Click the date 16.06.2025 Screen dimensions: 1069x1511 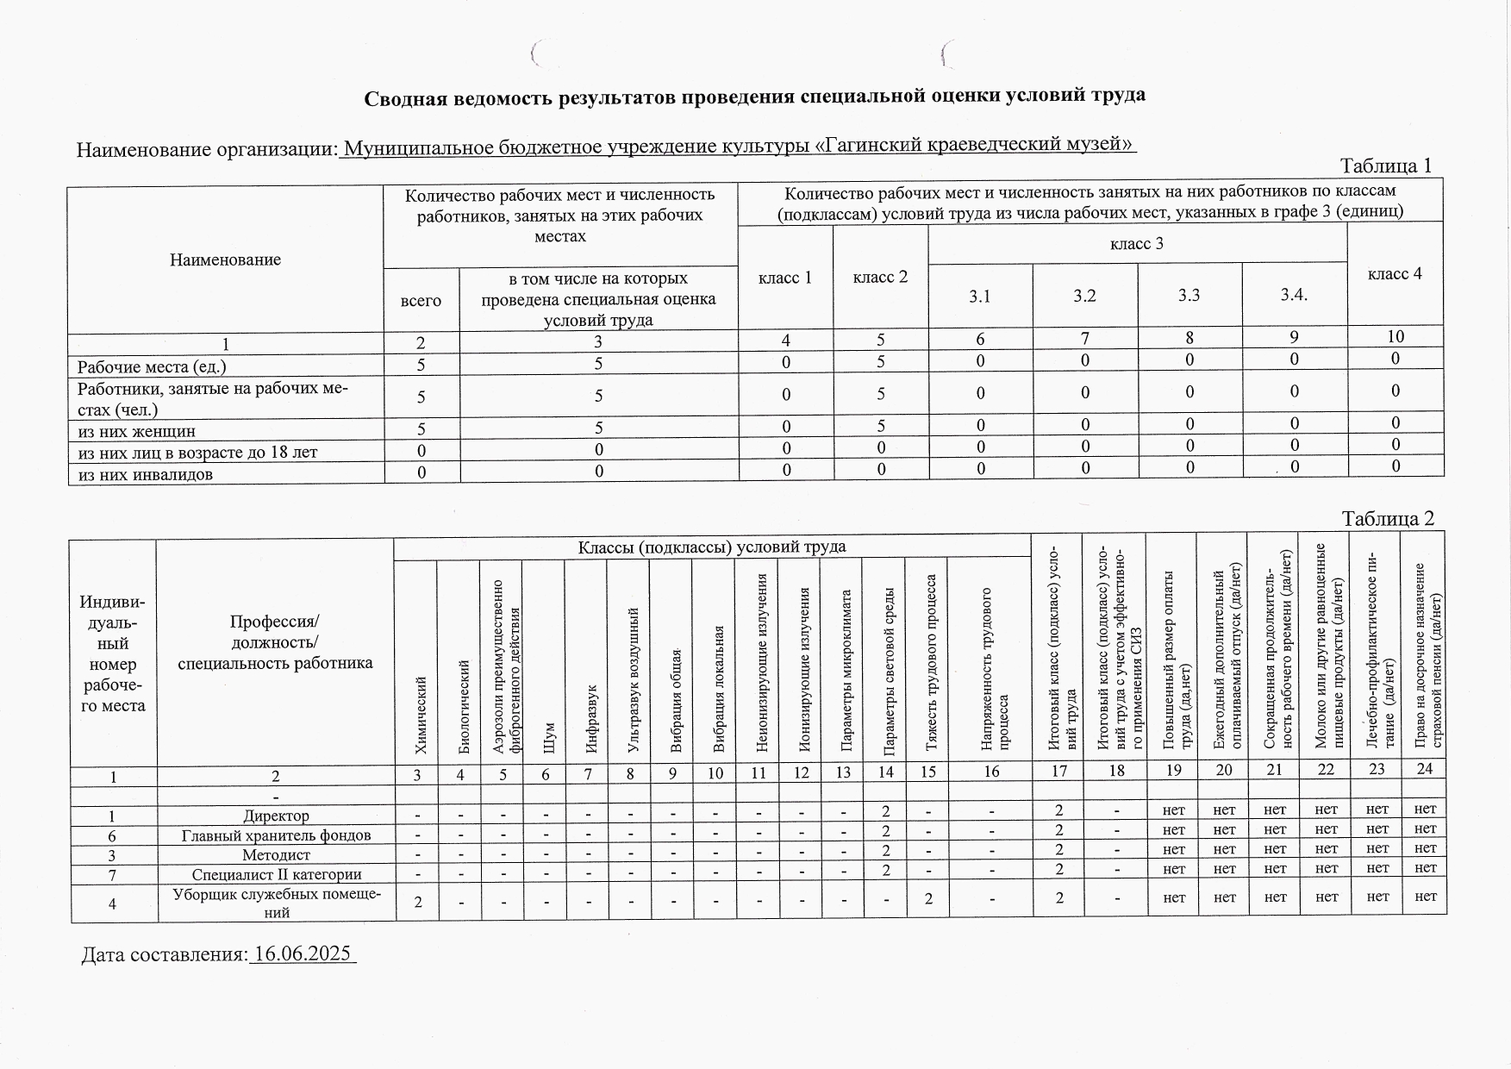pos(302,953)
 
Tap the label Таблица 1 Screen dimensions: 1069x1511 pos(1385,166)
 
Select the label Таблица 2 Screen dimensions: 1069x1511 pos(1388,518)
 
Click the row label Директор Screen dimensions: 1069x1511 pos(276,815)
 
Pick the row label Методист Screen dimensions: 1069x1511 pos(276,855)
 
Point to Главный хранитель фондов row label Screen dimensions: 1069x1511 pos(276,835)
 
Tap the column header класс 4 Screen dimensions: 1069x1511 pos(1394,274)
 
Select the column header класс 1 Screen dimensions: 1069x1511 pos(784,278)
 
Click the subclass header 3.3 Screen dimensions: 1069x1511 pos(1189,296)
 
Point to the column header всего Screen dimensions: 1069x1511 pos(421,300)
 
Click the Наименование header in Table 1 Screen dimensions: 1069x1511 pos(225,259)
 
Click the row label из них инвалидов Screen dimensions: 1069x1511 pos(146,474)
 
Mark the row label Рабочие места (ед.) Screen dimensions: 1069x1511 pos(152,366)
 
